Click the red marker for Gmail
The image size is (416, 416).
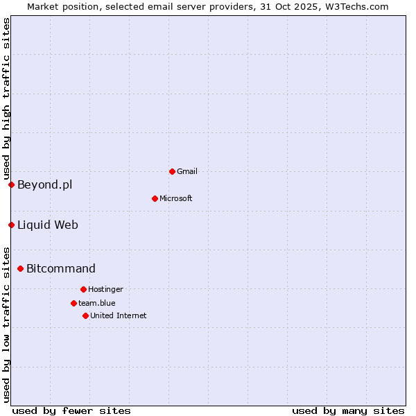tap(172, 171)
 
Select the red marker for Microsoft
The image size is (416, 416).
tap(155, 198)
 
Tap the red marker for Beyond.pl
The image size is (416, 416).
tap(11, 184)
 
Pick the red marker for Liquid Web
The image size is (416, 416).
tap(11, 225)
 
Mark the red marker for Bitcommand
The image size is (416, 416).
tap(20, 268)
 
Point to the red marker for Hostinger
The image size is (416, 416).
tap(83, 289)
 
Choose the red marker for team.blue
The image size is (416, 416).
tap(73, 303)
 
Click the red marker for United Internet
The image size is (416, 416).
tap(85, 315)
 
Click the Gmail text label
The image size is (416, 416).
tap(187, 171)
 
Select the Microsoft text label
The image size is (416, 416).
tap(176, 198)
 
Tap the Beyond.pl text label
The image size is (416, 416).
tap(44, 184)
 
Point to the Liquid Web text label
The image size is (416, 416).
tap(48, 225)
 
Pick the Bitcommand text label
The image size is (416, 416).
tap(61, 268)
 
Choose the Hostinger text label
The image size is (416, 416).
tap(105, 289)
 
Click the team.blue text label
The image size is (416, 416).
tap(97, 303)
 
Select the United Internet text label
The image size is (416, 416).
tap(119, 315)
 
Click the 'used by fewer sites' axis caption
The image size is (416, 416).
tap(71, 410)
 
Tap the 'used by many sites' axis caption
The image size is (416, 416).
tap(348, 410)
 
